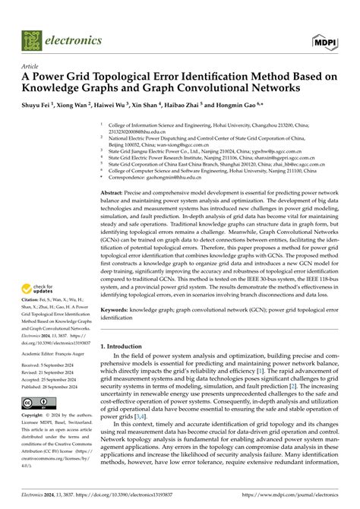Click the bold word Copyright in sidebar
36,416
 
